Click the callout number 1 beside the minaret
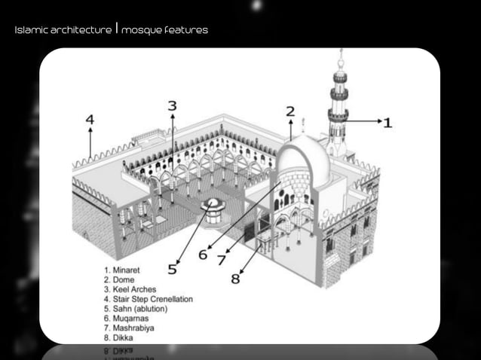pos(387,121)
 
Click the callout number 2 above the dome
pos(290,111)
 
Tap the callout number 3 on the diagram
pos(172,106)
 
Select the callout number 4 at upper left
pos(90,119)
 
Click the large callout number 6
pos(203,255)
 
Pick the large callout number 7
pos(221,260)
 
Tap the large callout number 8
pos(235,278)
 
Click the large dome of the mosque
pos(305,158)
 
